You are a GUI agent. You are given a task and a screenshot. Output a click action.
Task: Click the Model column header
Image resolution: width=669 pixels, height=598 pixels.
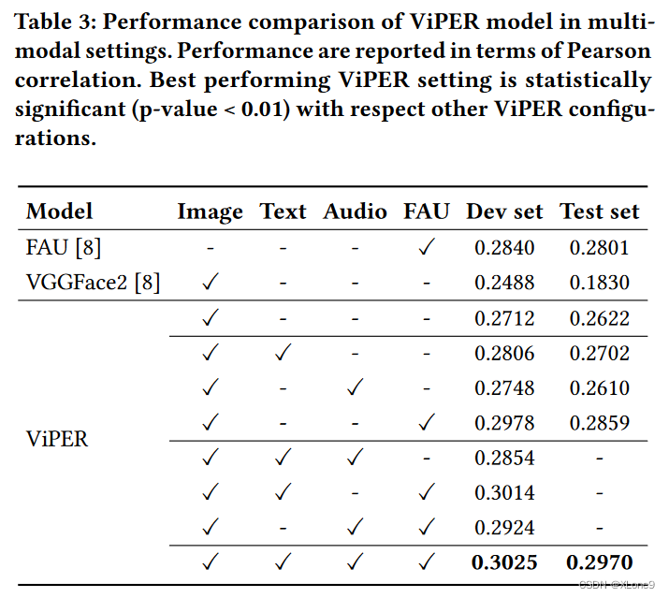[59, 211]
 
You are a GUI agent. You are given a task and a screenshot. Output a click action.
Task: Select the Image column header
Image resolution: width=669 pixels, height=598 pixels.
[210, 211]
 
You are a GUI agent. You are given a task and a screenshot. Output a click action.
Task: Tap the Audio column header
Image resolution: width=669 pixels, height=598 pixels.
[355, 211]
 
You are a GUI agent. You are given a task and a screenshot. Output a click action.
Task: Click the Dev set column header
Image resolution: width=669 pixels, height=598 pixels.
[504, 211]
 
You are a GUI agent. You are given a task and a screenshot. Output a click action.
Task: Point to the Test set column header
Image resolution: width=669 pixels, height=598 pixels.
[599, 211]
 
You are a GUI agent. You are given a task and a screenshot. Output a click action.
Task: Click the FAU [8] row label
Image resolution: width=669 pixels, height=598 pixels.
[63, 247]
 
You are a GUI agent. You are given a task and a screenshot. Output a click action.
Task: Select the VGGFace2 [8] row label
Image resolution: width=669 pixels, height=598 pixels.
[93, 283]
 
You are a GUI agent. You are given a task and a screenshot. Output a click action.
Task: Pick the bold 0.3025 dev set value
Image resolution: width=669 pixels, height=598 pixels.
[504, 562]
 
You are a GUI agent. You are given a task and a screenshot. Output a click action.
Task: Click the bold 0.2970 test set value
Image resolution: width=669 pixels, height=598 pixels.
[599, 562]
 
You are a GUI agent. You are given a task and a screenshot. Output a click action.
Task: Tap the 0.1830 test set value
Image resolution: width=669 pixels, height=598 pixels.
[599, 283]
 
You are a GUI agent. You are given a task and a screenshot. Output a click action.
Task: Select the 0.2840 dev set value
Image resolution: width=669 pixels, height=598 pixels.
[504, 247]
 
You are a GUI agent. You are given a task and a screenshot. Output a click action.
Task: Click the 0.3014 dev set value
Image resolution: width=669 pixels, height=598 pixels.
[504, 492]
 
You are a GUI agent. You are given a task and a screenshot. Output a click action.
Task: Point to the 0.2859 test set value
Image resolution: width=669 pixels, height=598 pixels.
[599, 423]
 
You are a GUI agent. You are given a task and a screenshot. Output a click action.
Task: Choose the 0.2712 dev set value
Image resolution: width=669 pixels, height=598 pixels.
[504, 318]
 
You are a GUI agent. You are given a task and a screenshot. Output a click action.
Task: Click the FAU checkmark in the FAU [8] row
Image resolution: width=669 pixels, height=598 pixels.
[426, 247]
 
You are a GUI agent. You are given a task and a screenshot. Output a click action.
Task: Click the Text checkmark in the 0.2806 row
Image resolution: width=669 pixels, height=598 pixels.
[283, 353]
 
